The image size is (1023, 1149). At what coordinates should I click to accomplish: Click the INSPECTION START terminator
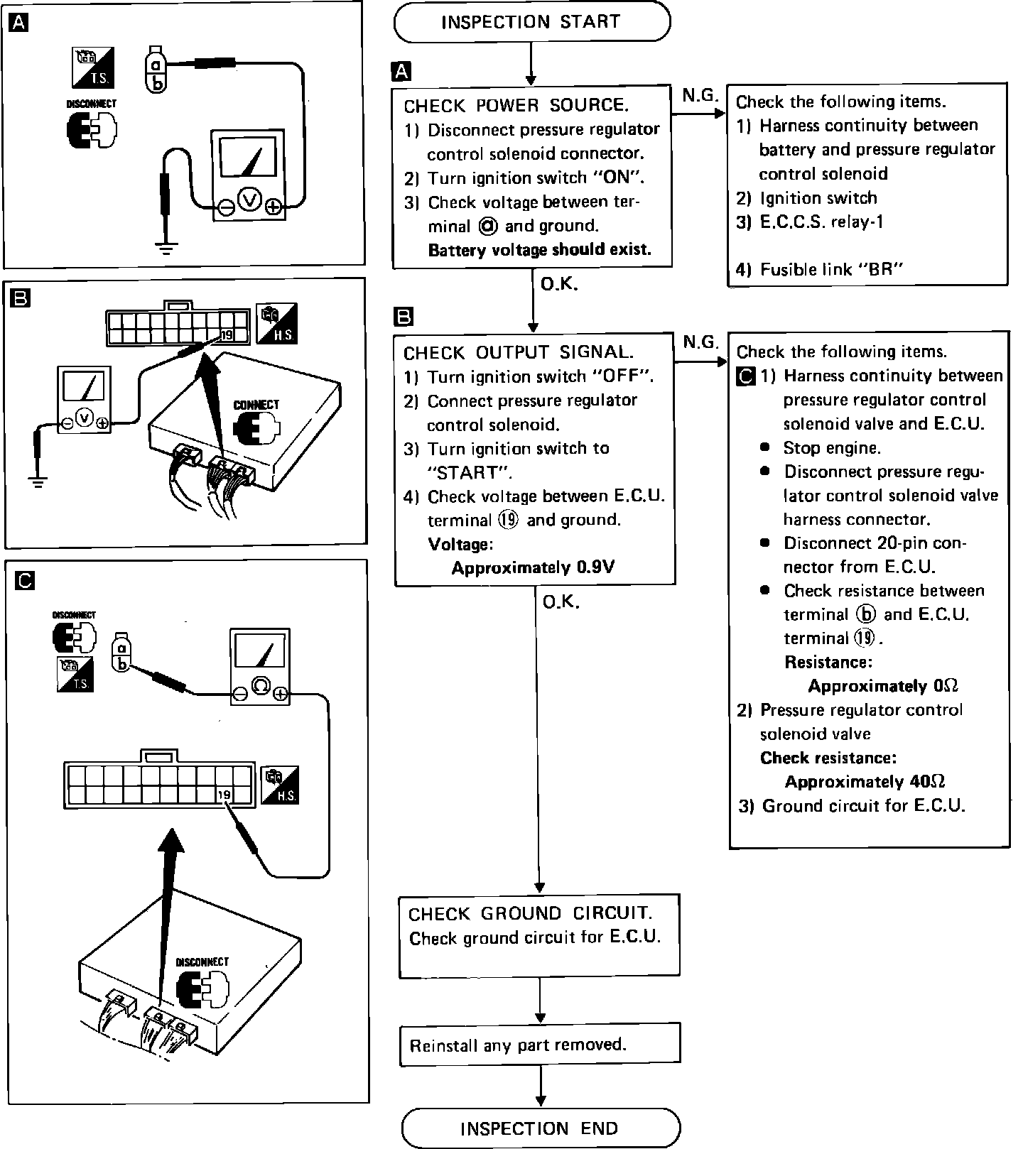(531, 22)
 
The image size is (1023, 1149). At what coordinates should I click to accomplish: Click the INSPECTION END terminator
(540, 1128)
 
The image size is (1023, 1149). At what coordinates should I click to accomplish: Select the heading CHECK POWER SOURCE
(516, 106)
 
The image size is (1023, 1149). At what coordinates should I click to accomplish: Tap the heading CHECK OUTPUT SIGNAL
(518, 353)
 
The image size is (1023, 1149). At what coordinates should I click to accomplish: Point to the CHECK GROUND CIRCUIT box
(539, 935)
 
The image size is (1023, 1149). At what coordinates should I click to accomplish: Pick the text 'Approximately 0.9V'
(533, 568)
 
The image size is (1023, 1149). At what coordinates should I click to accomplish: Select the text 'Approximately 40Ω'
(865, 782)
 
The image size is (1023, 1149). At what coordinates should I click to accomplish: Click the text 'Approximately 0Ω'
(883, 686)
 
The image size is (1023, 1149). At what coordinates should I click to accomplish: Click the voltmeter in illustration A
(249, 175)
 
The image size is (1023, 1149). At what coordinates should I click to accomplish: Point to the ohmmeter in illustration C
(261, 666)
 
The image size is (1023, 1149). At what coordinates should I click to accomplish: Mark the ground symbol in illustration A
(166, 249)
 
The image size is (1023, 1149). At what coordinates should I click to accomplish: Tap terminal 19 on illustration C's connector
(224, 795)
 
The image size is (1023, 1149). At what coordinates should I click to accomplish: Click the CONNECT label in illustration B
(256, 405)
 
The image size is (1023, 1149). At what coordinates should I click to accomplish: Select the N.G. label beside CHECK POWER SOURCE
(700, 95)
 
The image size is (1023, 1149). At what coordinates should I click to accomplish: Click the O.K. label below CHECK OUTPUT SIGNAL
(561, 602)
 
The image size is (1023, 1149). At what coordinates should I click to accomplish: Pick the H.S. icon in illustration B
(278, 323)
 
